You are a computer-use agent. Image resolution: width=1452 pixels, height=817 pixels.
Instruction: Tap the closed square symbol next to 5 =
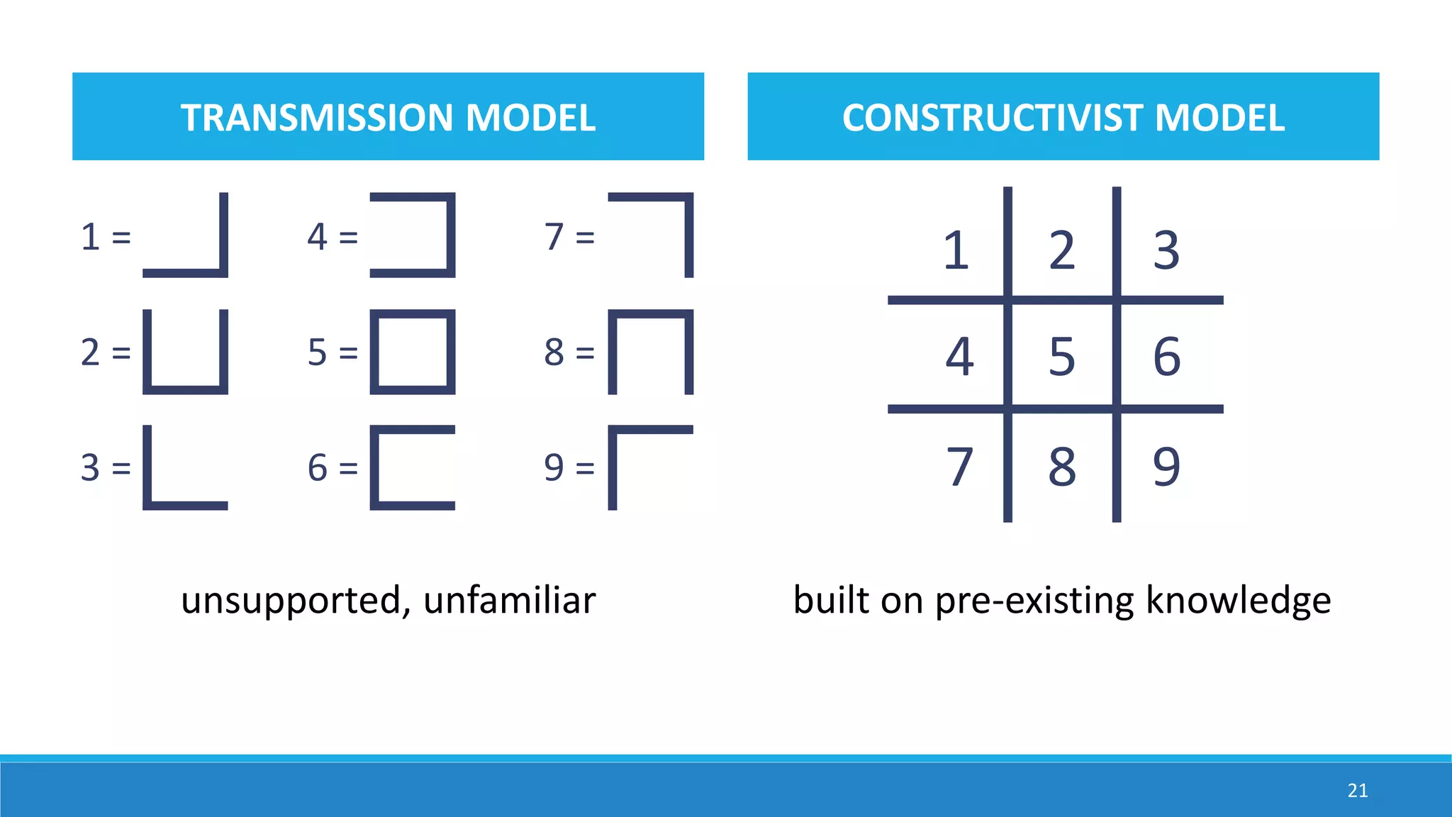413,352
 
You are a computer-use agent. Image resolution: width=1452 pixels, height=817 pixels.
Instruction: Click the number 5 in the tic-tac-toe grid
1061,356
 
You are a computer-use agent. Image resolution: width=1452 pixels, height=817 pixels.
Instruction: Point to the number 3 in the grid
1166,250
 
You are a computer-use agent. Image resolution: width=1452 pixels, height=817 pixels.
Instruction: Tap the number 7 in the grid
959,467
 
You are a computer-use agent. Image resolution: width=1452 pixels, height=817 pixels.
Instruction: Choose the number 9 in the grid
1166,467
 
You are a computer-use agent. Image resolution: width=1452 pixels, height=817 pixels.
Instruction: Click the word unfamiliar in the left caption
509,601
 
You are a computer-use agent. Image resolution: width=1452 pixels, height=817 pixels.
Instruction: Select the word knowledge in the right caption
1238,601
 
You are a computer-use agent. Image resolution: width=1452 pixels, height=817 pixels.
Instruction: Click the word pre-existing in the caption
1034,601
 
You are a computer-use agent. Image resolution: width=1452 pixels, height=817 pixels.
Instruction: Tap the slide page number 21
1358,791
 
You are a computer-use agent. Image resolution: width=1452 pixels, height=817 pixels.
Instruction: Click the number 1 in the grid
956,250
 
